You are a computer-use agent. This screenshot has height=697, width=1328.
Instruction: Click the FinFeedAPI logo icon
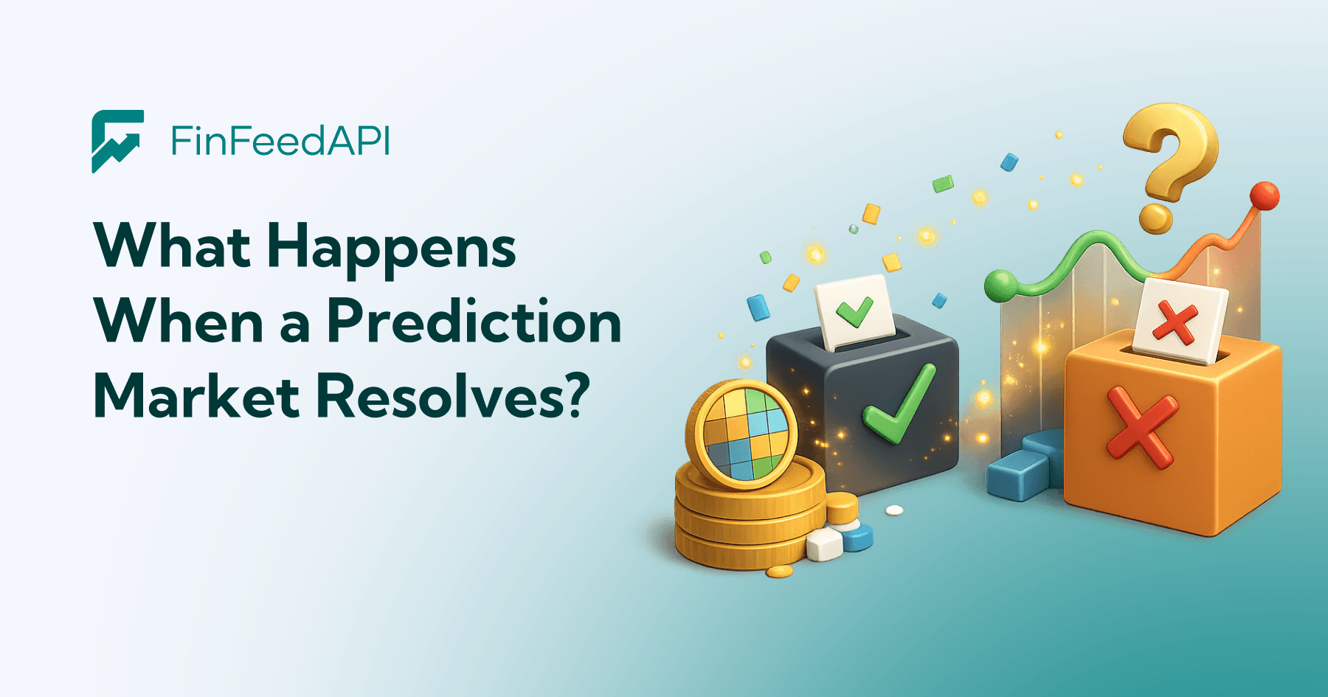[x=117, y=142]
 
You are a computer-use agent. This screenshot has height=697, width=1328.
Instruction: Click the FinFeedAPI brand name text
[x=280, y=140]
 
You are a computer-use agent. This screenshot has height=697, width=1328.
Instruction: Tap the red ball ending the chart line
[x=1265, y=195]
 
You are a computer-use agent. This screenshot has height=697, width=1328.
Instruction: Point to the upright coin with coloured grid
[x=741, y=434]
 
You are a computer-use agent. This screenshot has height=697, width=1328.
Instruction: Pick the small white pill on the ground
[x=894, y=510]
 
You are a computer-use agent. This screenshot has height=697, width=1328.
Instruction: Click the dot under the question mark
[x=1155, y=219]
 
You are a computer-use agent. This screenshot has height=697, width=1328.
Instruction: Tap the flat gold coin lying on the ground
[x=779, y=572]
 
